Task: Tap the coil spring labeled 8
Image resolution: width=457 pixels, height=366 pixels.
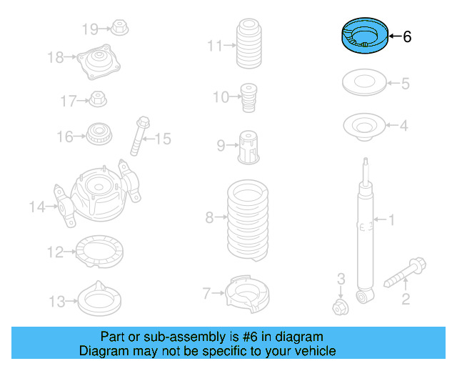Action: click(x=248, y=222)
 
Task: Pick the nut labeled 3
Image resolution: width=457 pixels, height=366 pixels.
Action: click(x=340, y=307)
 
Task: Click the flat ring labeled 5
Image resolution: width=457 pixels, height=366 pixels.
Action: click(x=365, y=84)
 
